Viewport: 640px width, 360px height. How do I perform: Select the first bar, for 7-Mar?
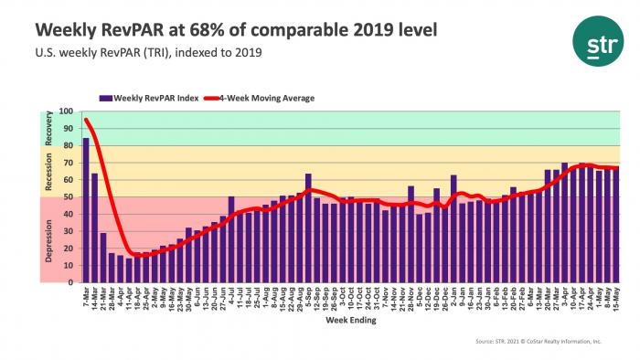pyautogui.click(x=86, y=210)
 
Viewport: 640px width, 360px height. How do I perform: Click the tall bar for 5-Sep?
pyautogui.click(x=309, y=228)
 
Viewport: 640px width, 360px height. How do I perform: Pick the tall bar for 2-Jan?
pyautogui.click(x=454, y=228)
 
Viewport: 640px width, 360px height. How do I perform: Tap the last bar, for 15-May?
pyautogui.click(x=616, y=225)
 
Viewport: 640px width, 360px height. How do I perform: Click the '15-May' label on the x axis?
pyautogui.click(x=617, y=300)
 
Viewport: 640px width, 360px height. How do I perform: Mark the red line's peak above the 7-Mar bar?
pyautogui.click(x=86, y=120)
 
